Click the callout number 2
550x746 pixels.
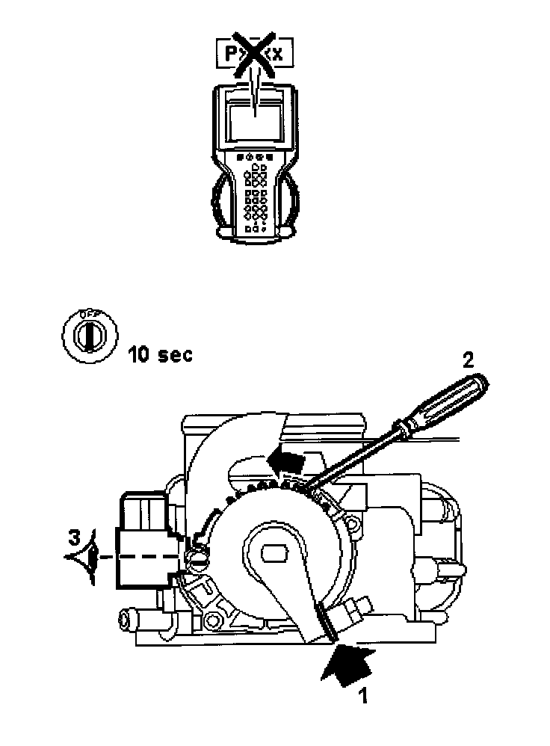468,360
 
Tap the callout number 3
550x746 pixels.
73,537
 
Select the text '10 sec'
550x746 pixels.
159,354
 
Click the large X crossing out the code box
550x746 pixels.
253,52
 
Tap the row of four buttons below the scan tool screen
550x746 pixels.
253,158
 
